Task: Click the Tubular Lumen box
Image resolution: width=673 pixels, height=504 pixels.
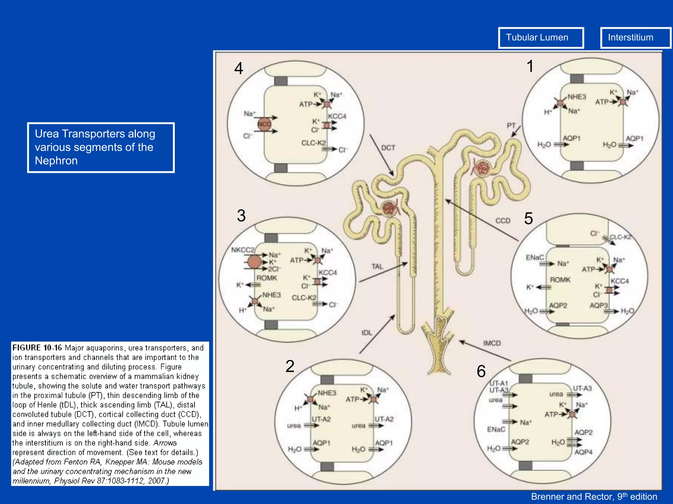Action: point(541,38)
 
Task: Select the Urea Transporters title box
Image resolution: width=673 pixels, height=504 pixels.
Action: point(101,147)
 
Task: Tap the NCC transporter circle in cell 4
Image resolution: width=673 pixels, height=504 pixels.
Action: point(264,124)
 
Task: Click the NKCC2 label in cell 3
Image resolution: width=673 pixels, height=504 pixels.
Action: point(243,250)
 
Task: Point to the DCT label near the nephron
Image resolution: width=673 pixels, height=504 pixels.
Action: point(388,148)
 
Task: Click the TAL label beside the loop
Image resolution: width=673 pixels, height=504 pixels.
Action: point(377,266)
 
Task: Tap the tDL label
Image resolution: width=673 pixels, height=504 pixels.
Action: point(367,333)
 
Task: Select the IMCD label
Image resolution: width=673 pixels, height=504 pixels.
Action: point(492,343)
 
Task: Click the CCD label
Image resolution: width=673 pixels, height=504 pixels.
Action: point(503,221)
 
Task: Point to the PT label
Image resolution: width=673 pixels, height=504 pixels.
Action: point(511,126)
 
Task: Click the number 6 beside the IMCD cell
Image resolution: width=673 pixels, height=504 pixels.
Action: point(481,371)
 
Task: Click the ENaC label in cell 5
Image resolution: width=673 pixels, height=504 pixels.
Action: point(535,258)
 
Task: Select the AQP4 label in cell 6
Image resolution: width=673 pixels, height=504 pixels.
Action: point(583,452)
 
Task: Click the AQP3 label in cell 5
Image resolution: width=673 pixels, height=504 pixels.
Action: point(598,305)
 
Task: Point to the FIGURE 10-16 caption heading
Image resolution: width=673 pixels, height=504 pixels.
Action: point(37,348)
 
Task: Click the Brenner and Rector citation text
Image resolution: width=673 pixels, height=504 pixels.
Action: point(594,497)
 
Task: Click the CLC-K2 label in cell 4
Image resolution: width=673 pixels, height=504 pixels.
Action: point(313,143)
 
